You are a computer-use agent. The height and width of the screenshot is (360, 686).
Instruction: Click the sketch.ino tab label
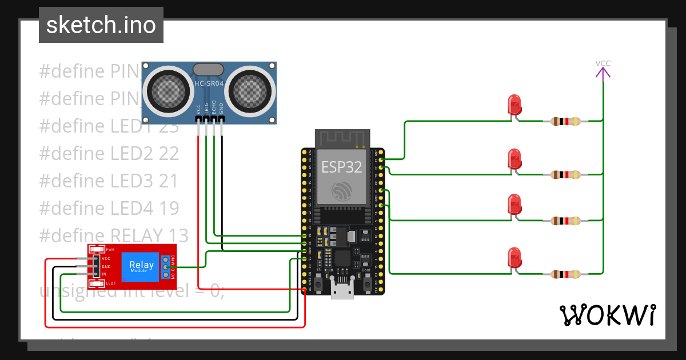click(101, 25)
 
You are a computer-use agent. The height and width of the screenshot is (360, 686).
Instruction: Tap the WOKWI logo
click(607, 315)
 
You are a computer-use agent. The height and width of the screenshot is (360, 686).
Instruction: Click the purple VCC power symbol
click(603, 71)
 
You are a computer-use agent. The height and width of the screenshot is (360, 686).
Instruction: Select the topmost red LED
click(514, 105)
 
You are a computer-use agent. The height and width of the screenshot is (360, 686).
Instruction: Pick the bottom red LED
click(514, 258)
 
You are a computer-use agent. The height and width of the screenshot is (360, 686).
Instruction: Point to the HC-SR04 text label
click(208, 83)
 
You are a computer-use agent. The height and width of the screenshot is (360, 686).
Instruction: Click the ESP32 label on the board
click(342, 166)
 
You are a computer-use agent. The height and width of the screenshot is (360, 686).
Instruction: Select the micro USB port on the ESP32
click(343, 291)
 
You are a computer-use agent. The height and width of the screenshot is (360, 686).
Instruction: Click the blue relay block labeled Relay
click(141, 266)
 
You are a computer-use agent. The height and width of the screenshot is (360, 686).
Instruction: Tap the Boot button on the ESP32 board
click(366, 282)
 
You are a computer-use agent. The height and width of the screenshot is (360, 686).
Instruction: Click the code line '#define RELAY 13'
click(114, 235)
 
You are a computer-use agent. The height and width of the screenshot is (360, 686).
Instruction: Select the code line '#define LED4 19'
click(109, 208)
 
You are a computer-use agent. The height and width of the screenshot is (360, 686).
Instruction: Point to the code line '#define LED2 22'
click(109, 153)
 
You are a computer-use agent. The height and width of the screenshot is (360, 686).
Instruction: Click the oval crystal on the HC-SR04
click(208, 69)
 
